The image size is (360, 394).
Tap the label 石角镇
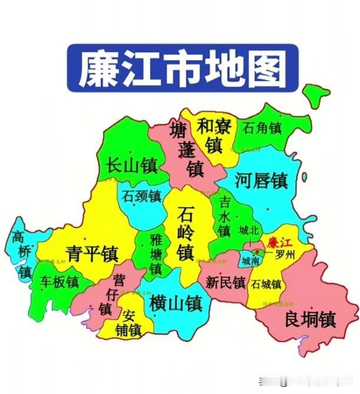tap(262, 127)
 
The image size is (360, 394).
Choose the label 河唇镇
tap(261, 180)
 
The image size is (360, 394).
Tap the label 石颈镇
tap(141, 195)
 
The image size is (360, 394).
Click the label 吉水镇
tap(224, 216)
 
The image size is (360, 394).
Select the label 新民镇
tap(226, 283)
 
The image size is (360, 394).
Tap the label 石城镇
tap(266, 284)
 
